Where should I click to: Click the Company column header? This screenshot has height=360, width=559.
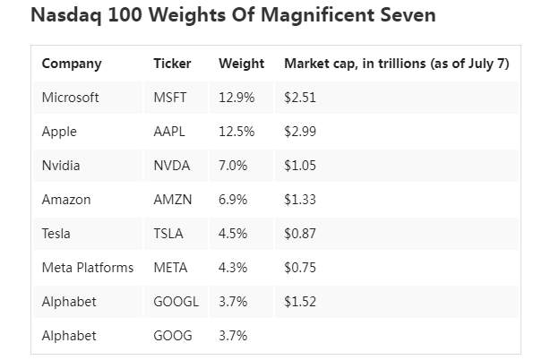tap(72, 64)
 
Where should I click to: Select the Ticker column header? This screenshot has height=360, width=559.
tap(172, 64)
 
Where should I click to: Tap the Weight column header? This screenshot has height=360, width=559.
tap(241, 64)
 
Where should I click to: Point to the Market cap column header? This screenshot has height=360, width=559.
tap(397, 64)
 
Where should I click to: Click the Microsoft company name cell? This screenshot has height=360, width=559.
tap(70, 98)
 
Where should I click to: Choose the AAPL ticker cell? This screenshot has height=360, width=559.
tap(169, 132)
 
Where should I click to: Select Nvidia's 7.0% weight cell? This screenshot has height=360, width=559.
tap(233, 166)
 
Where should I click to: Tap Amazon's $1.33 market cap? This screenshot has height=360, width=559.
tap(300, 200)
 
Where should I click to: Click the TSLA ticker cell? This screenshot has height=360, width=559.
tap(168, 234)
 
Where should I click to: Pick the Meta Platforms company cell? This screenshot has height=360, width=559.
tap(88, 268)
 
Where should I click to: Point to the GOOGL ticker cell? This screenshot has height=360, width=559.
tap(176, 302)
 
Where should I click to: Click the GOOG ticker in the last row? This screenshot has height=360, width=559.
tap(173, 336)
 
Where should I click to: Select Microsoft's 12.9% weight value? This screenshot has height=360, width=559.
tap(236, 98)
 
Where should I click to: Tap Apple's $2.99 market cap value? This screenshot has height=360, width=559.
tap(300, 132)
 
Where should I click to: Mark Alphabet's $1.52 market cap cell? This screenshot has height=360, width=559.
tap(300, 302)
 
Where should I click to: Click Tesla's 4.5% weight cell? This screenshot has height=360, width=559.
tap(233, 234)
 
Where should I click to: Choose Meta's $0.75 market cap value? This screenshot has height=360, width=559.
tap(300, 268)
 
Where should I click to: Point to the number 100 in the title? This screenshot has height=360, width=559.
tap(125, 15)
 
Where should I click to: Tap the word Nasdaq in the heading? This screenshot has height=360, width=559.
tap(66, 16)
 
